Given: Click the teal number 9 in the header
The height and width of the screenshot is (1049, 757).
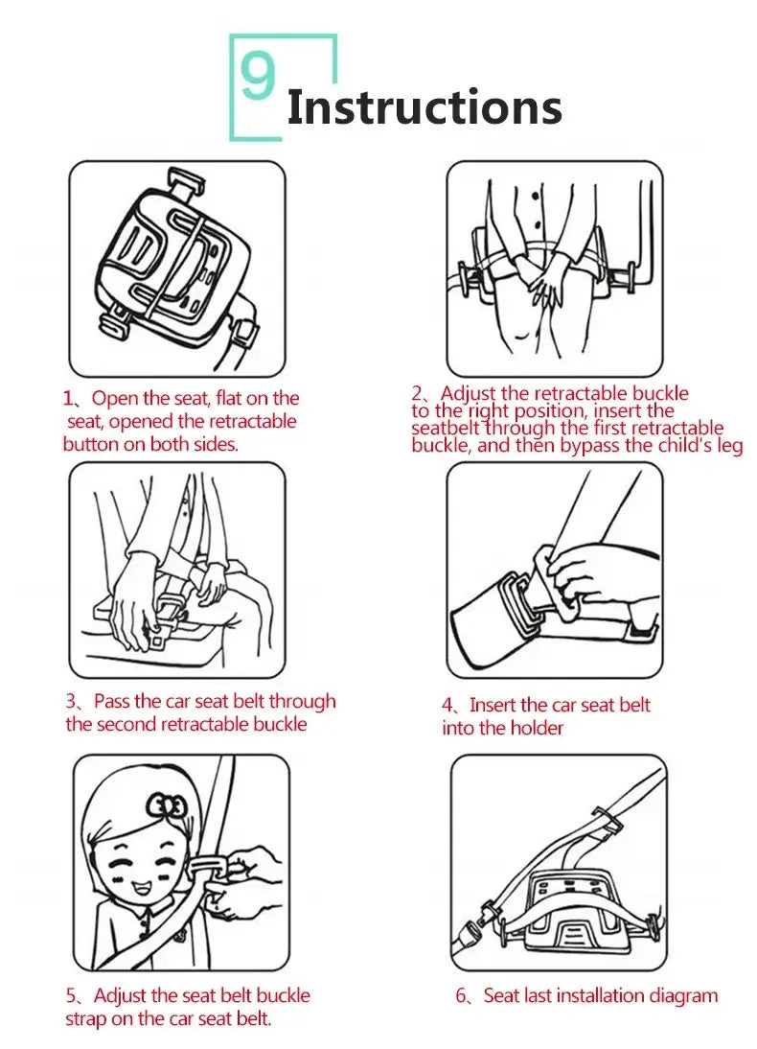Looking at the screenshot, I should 258,79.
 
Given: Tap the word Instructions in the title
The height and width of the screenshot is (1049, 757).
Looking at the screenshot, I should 424,107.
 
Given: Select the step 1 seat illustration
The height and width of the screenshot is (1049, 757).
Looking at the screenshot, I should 177,268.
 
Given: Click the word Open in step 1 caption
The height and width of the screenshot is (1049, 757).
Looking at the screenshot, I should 116,399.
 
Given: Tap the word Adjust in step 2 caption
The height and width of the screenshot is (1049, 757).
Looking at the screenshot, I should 469,394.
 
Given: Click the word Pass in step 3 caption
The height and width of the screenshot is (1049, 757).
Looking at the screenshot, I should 114,702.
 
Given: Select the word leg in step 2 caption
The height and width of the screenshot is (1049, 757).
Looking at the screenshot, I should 727,446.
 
